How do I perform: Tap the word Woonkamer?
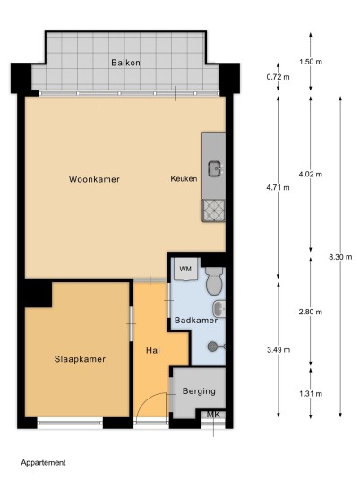pos(94,179)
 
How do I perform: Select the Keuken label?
pos(184,178)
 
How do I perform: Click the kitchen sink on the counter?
pos(215,168)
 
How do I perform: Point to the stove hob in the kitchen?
pos(213,210)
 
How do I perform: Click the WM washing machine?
pos(185,269)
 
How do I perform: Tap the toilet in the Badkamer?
pos(214,280)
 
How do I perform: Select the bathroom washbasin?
pos(219,309)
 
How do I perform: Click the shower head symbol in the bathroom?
pos(216,347)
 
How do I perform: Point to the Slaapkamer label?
pos(80,359)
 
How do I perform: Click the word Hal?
pos(153,350)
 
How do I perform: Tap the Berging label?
pos(199,391)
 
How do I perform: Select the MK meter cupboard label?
pos(213,415)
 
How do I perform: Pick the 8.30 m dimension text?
pos(340,257)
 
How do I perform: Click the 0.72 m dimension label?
pos(278,77)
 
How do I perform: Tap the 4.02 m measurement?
pos(311,175)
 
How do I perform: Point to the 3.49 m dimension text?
pos(279,349)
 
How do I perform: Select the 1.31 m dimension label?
pos(311,394)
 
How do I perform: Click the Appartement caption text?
pos(43,463)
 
